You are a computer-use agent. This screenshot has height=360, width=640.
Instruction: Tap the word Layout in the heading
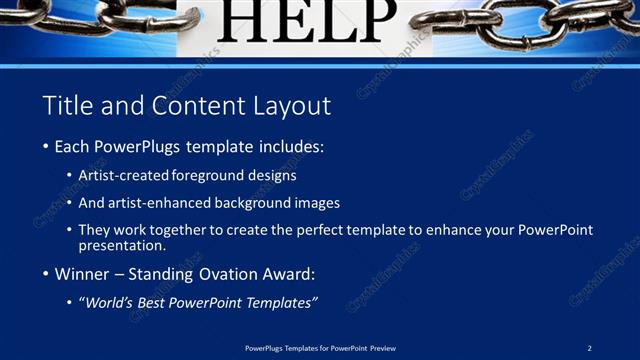[x=291, y=105]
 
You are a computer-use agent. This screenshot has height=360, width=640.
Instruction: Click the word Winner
[x=82, y=272]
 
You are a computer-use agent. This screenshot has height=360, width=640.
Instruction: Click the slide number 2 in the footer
[x=590, y=347]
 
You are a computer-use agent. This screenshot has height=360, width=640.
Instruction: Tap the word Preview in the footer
[x=383, y=347]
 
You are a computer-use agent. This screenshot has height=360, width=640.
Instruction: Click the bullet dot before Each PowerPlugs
[x=46, y=147]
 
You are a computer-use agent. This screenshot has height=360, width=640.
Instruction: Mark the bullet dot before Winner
[x=46, y=272]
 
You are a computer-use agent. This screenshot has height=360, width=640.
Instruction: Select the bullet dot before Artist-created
[x=69, y=175]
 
